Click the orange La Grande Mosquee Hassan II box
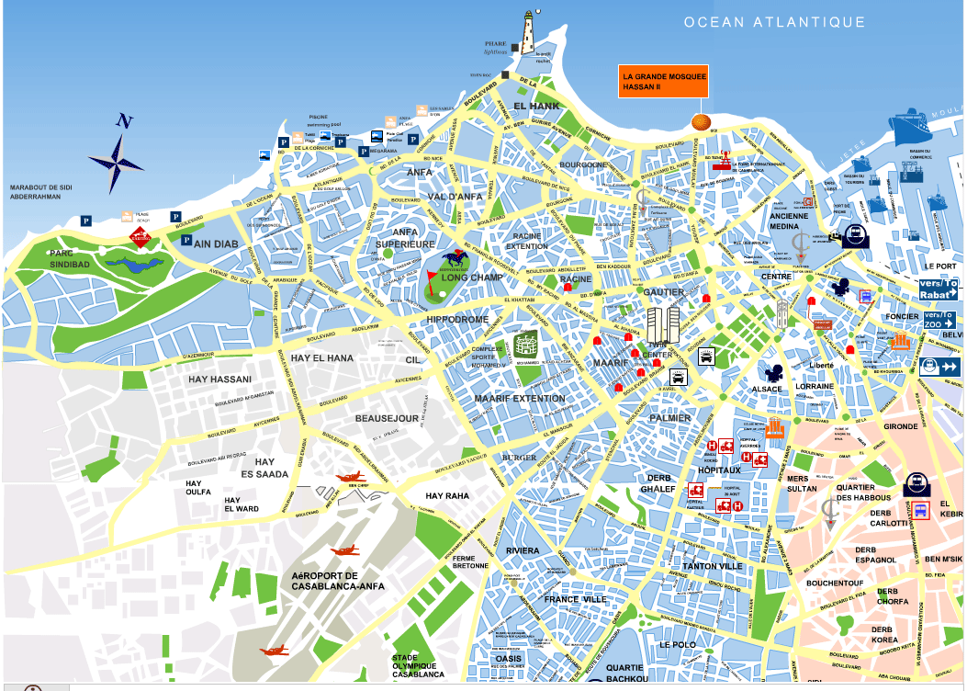coord(663,81)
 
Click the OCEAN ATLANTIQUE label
coord(774,22)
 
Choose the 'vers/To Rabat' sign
coord(938,289)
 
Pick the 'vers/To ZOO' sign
coord(938,320)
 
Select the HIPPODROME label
coord(457,319)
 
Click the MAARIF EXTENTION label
coord(520,398)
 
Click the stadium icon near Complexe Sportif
coord(526,345)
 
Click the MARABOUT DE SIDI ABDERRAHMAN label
coord(42,194)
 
